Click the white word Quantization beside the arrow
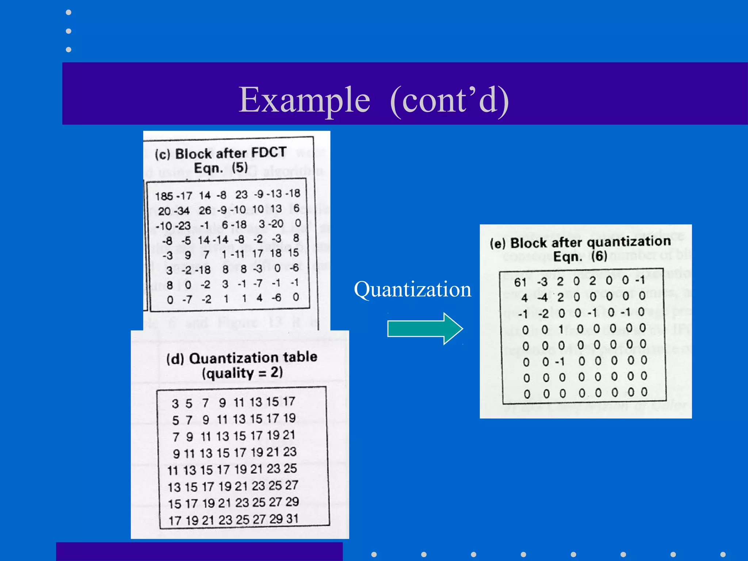(x=412, y=289)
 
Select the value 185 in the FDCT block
(x=164, y=196)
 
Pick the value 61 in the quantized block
(x=520, y=282)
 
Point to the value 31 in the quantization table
(x=292, y=518)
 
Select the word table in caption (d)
(x=300, y=356)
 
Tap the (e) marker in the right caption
(x=497, y=244)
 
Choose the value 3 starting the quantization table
(x=175, y=404)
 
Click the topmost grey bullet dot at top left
(x=68, y=12)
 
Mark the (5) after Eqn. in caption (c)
(x=240, y=168)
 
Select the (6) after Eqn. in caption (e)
(x=599, y=256)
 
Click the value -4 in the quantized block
(x=542, y=298)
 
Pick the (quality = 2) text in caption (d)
(x=242, y=373)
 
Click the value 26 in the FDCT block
(x=205, y=210)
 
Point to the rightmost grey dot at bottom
(x=723, y=554)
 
